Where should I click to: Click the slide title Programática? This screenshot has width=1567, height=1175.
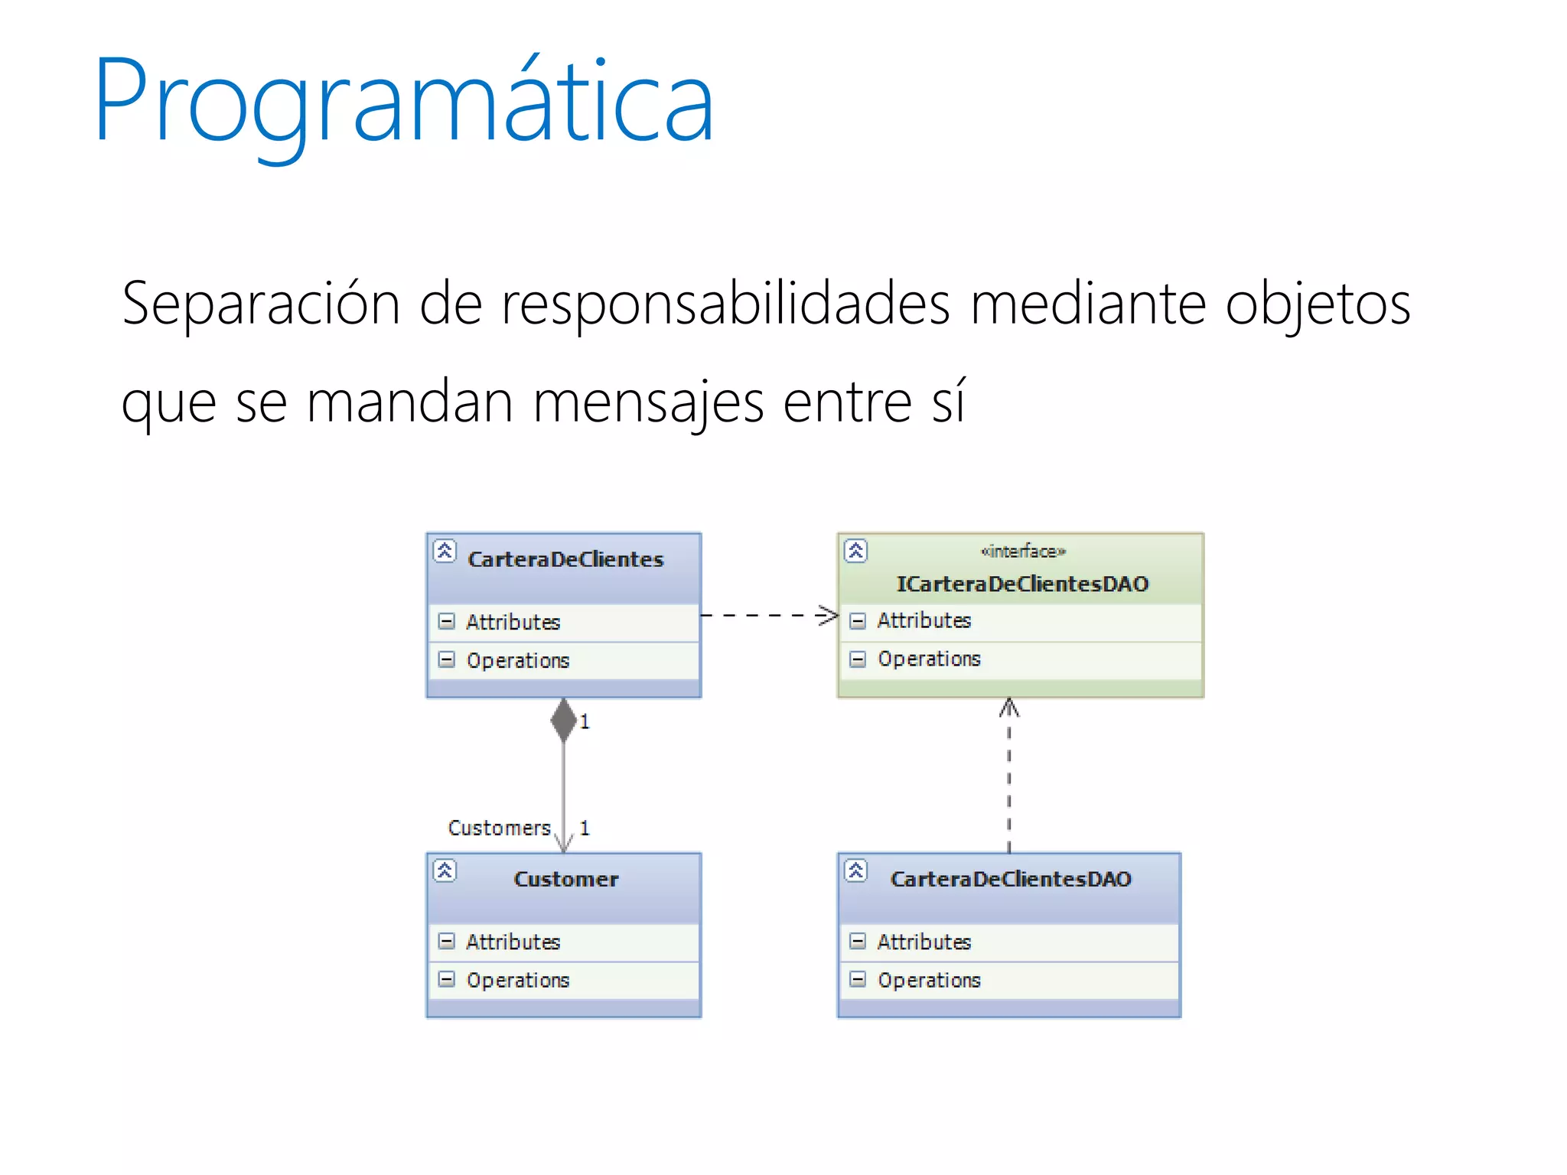click(x=403, y=102)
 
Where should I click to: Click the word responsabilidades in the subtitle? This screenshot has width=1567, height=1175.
click(x=725, y=304)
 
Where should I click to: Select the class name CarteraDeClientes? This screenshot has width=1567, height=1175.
click(x=565, y=559)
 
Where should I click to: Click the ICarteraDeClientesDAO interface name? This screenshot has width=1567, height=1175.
click(x=1022, y=584)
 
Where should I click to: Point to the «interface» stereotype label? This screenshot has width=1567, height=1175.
click(x=1023, y=551)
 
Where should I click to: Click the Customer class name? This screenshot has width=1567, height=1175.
click(x=565, y=879)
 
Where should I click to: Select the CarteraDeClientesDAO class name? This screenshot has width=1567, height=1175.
click(x=1010, y=879)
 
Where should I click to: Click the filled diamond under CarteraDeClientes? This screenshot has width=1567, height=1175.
click(x=564, y=719)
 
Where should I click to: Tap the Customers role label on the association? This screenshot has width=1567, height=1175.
click(x=499, y=828)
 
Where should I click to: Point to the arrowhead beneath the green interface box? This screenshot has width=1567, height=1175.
click(x=1009, y=708)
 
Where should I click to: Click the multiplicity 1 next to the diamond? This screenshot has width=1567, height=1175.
click(x=585, y=721)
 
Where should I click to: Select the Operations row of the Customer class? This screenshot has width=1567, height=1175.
click(x=518, y=980)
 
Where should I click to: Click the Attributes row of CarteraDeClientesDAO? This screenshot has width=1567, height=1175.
click(x=924, y=942)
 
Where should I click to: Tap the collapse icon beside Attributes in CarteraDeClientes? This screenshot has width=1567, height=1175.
click(x=446, y=621)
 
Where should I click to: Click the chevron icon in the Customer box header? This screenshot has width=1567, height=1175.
click(x=445, y=871)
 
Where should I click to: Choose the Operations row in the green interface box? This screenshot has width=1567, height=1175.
click(x=929, y=659)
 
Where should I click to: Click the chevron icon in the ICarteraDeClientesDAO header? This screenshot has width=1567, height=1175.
click(x=855, y=551)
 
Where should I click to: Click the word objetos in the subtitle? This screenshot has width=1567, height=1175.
click(x=1318, y=304)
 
